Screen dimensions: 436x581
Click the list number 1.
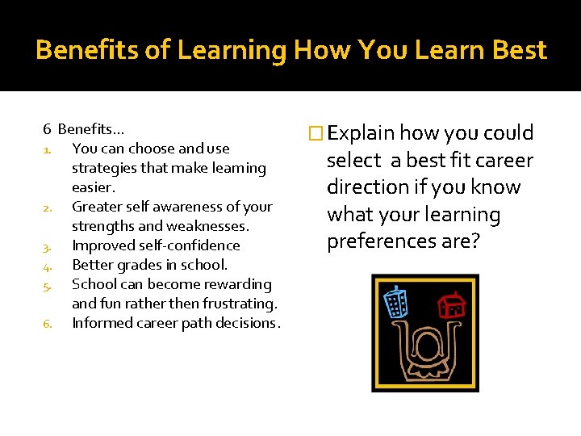click(48, 149)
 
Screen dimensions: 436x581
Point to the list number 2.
click(48, 208)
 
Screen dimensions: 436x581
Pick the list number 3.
click(48, 246)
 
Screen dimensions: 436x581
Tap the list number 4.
click(48, 266)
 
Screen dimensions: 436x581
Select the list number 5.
click(48, 285)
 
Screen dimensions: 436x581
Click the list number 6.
click(48, 324)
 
